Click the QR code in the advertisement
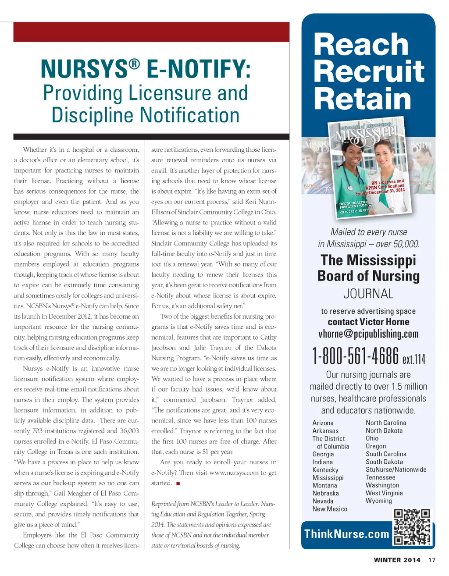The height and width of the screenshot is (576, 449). click(412, 526)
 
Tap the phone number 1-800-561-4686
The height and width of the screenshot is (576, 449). click(356, 356)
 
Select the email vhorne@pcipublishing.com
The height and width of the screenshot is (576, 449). click(368, 334)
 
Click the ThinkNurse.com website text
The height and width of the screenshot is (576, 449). click(347, 534)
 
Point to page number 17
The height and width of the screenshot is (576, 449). click(432, 560)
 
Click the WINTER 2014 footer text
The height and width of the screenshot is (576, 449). click(397, 560)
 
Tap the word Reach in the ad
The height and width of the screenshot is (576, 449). click(361, 45)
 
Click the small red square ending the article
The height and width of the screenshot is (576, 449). click(178, 484)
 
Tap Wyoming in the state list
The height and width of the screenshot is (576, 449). click(379, 501)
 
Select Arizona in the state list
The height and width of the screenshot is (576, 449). click(323, 423)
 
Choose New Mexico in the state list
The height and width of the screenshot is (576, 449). click(330, 509)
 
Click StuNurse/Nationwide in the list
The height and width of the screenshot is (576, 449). click(396, 469)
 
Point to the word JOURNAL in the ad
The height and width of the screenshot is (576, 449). click(368, 294)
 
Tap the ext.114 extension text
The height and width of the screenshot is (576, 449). click(414, 359)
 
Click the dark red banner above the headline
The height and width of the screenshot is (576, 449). click(151, 32)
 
